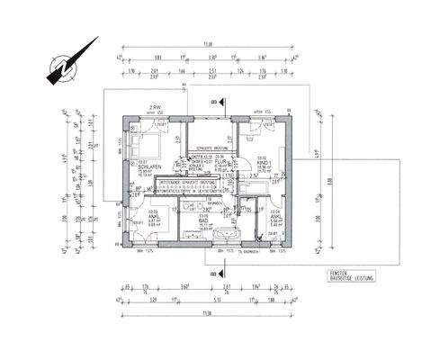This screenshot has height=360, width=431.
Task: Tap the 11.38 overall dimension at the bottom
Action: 209,313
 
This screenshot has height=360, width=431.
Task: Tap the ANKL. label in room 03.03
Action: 153,217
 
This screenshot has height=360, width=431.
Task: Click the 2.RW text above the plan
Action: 154,107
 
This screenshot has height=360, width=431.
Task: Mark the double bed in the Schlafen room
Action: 145,144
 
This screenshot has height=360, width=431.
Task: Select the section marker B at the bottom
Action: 213,269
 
